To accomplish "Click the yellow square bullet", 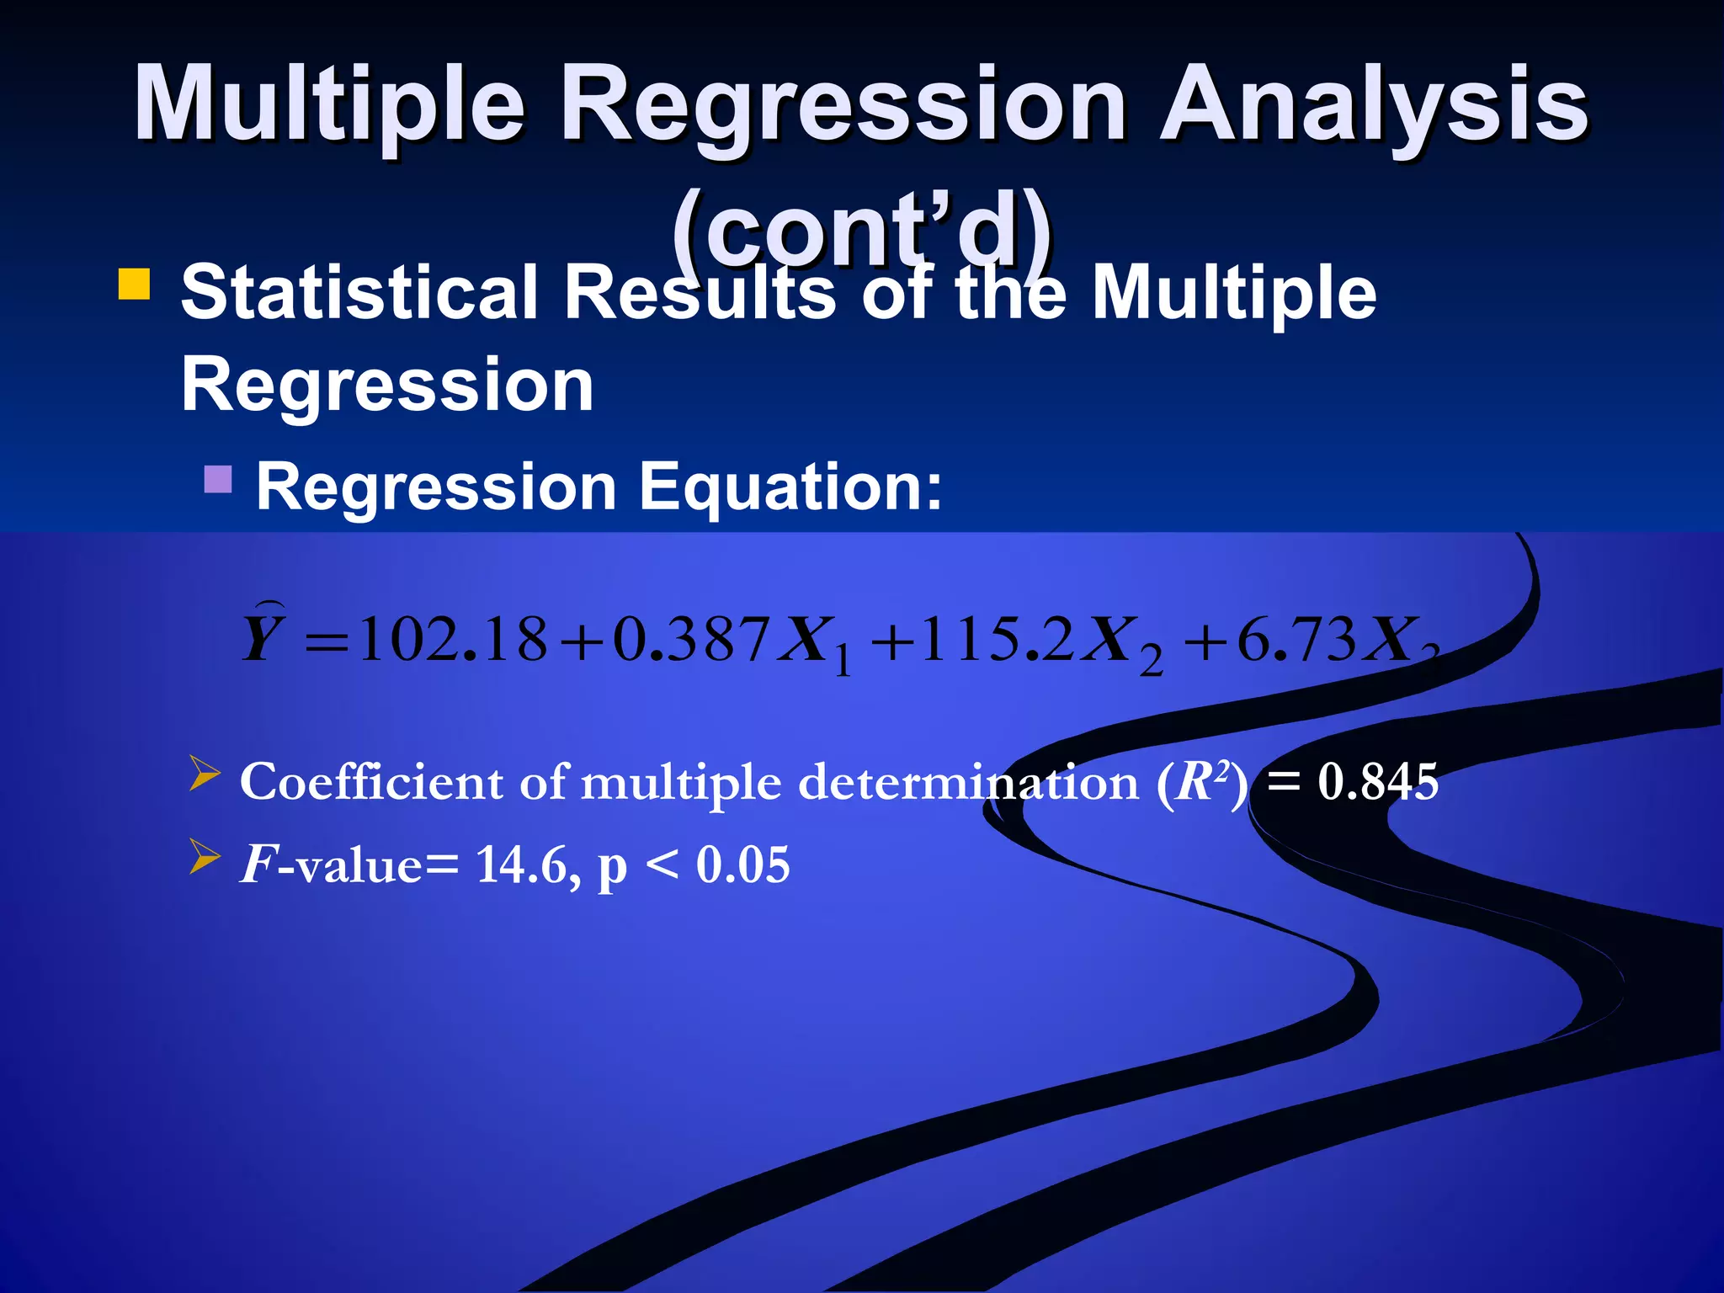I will point(135,285).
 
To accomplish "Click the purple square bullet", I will point(218,480).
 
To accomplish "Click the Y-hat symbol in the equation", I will point(263,636).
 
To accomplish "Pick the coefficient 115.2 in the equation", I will point(995,640).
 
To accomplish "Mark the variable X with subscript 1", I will point(812,644).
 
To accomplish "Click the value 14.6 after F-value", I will point(523,865).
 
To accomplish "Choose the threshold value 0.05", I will point(742,865).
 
